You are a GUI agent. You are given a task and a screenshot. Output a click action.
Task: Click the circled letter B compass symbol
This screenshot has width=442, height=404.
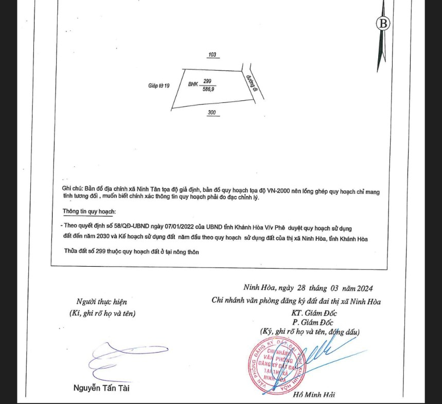(x=383, y=23)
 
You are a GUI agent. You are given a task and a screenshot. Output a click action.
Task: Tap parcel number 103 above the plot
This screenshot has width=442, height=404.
(x=211, y=55)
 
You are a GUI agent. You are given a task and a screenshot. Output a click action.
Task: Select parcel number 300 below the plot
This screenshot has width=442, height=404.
(x=211, y=112)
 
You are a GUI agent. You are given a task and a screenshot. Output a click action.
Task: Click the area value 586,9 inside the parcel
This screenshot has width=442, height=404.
(x=208, y=89)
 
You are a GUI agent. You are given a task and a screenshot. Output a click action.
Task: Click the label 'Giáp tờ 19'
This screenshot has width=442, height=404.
(x=158, y=85)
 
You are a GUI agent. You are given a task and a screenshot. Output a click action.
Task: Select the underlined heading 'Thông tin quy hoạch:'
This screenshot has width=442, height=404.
(x=89, y=212)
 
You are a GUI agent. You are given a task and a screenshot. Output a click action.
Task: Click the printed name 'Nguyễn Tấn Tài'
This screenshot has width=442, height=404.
(x=101, y=388)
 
